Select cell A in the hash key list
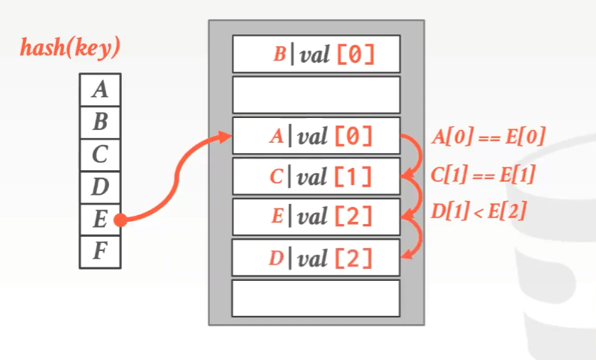99,90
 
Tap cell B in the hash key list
99,122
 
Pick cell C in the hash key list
99,155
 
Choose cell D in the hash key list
99,187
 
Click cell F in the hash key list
99,252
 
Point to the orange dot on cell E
120,220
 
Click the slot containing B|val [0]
316,54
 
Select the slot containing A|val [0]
316,136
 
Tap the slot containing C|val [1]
316,176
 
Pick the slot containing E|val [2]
316,217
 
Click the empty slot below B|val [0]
316,95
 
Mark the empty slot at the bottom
316,298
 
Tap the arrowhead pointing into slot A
225,136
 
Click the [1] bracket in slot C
354,177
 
